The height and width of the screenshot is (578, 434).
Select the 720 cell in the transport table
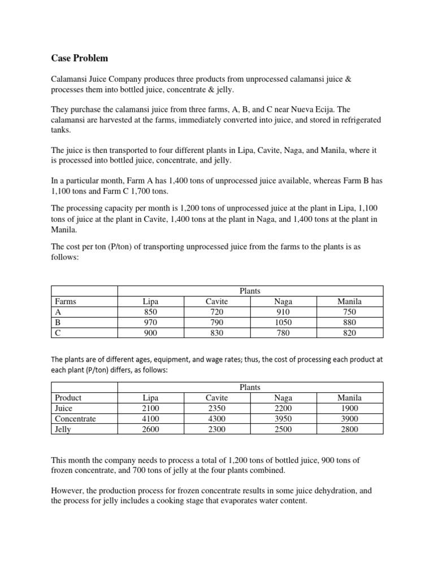tap(215, 312)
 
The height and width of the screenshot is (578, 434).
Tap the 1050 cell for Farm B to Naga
tap(282, 322)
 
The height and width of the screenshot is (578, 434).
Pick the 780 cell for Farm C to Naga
tap(282, 333)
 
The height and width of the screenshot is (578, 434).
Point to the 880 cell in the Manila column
tap(349, 322)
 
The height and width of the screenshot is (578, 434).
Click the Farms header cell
tap(66, 301)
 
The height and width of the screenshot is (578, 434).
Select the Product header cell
tap(68, 397)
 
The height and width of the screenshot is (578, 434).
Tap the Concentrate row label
tap(75, 419)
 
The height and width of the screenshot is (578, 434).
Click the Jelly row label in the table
tap(63, 430)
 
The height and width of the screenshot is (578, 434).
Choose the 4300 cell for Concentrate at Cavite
tap(215, 419)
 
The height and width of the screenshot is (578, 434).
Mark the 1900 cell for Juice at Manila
tap(349, 408)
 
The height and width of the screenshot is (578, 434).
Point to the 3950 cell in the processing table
tap(282, 419)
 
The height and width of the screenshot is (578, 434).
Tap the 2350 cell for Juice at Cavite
tap(215, 408)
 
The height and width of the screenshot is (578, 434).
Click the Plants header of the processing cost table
tap(250, 387)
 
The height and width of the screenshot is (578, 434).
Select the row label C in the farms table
tap(57, 333)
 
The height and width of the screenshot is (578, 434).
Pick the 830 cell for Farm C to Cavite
tap(215, 333)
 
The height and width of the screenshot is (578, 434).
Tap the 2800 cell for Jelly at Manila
tap(349, 430)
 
